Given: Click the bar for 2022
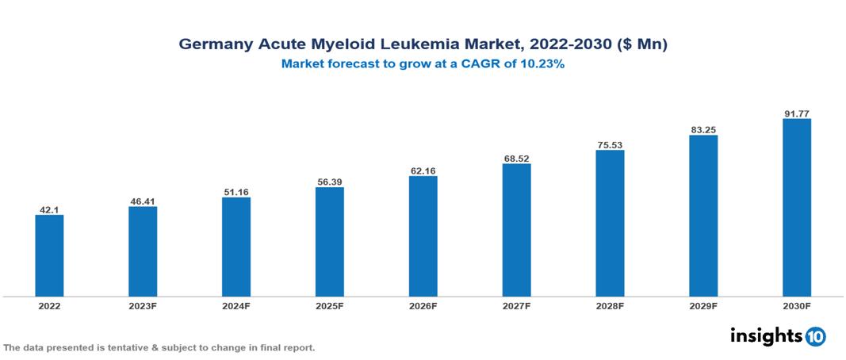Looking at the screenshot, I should pos(49,255).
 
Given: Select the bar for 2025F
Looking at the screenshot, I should pos(329,242).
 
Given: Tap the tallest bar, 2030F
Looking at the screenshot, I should pos(796,208).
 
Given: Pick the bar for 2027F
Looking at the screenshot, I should pos(516,230).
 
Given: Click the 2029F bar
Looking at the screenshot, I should pos(703,216).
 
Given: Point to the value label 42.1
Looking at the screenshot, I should pos(49,209).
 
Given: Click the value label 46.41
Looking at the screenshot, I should pos(143,201).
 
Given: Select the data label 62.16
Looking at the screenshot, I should pos(423,170).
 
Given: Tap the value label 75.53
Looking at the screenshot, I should pos(610,145).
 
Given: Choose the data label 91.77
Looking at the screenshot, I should pos(796,113).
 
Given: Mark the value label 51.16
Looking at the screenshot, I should pos(236,192).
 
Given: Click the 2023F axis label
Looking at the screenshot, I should pos(143,305).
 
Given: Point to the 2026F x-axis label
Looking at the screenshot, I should pos(423,305).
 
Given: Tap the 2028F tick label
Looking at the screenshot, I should pos(610,305).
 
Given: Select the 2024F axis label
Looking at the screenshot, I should pos(236,305).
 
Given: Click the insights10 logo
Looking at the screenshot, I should pos(778,335).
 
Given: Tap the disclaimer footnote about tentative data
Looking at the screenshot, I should pos(159,347).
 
